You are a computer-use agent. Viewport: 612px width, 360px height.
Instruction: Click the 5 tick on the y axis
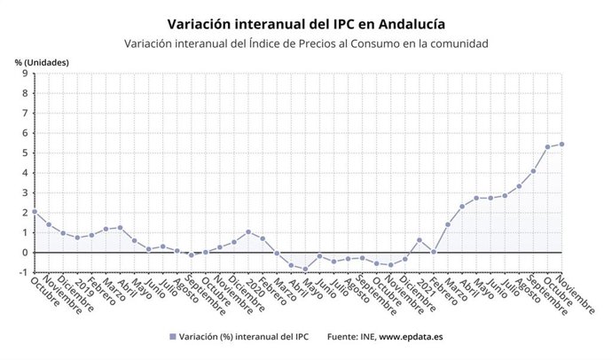click(25, 153)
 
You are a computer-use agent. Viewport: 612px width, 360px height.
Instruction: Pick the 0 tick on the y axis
click(25, 253)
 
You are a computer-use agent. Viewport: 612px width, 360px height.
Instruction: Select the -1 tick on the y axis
click(23, 272)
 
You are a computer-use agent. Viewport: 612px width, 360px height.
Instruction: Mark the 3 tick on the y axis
click(25, 192)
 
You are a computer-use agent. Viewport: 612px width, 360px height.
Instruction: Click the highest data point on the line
click(561, 145)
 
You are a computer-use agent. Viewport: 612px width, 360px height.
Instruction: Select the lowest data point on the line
click(305, 269)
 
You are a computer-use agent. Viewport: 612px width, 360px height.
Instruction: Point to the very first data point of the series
click(34, 212)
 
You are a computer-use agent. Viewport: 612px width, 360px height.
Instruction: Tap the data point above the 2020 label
click(248, 232)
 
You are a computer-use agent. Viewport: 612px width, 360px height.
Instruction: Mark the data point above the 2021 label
click(420, 239)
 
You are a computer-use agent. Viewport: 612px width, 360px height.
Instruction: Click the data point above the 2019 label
click(77, 238)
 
